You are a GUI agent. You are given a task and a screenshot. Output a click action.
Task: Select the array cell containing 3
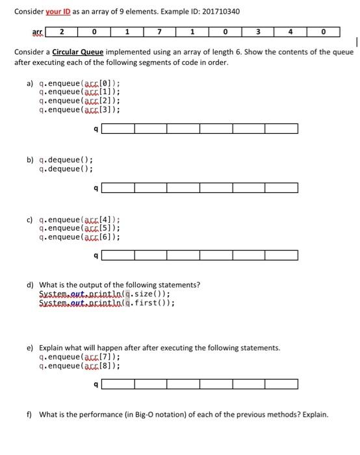pyautogui.click(x=259, y=32)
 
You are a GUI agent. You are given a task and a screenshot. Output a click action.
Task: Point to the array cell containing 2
pyautogui.click(x=61, y=32)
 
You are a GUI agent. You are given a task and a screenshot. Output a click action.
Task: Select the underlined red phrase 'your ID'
pyautogui.click(x=57, y=12)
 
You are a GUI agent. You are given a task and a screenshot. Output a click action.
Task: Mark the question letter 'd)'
pyautogui.click(x=30, y=285)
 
